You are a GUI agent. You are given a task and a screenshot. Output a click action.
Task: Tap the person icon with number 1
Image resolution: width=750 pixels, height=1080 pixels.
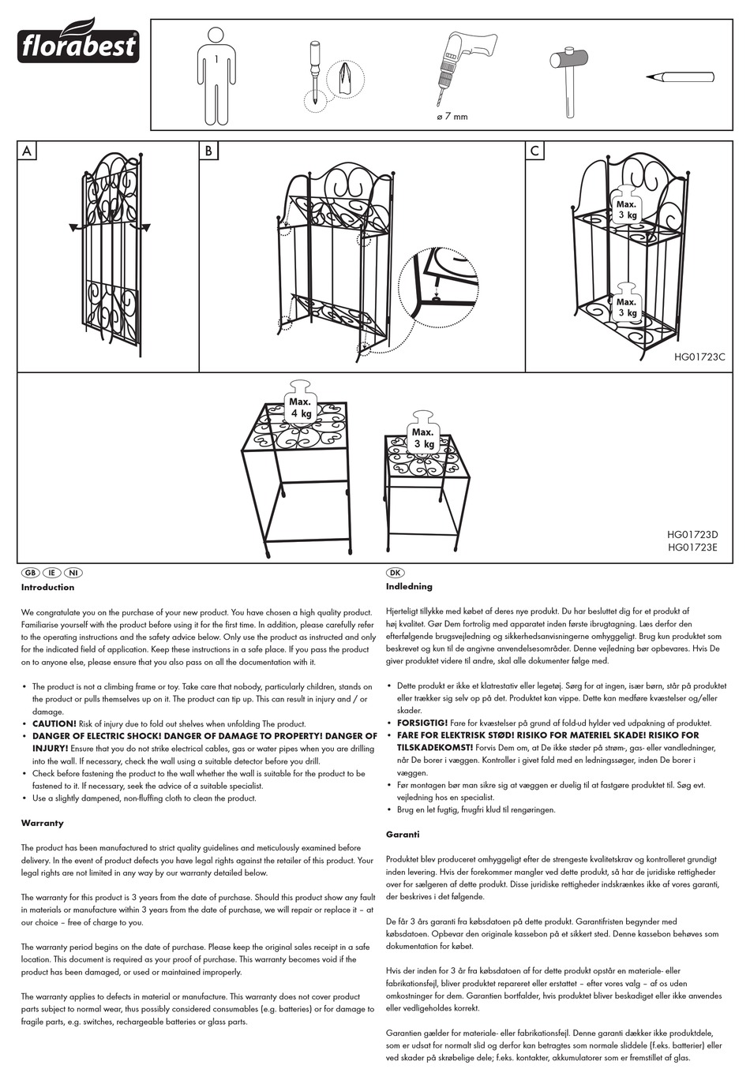(216, 75)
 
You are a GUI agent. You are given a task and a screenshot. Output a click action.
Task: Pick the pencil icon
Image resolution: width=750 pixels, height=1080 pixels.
(680, 77)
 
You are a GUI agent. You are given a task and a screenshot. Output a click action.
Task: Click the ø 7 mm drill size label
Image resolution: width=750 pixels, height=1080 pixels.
(452, 117)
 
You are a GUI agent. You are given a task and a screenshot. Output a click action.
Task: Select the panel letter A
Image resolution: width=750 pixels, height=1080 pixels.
(28, 151)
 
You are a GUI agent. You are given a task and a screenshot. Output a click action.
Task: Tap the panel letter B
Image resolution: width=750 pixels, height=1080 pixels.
(208, 151)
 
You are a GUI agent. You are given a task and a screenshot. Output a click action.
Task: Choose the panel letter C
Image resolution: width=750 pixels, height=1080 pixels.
(535, 151)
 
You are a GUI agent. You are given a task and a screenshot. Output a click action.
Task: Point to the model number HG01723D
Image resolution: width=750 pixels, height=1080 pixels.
(692, 535)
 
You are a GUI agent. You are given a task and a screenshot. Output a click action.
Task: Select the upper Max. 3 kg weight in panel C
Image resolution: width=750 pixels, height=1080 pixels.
(627, 207)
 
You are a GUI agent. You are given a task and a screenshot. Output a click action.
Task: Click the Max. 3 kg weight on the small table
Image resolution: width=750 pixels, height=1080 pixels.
(422, 435)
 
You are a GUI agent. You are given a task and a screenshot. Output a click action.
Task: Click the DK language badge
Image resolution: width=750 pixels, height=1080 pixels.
(396, 572)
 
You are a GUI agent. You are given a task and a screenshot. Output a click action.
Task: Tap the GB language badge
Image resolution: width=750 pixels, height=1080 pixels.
(30, 572)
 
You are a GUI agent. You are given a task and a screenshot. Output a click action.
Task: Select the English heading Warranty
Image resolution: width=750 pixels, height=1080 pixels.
(43, 823)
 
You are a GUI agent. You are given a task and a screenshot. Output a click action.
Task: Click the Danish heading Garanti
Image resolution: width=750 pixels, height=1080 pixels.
(403, 834)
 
